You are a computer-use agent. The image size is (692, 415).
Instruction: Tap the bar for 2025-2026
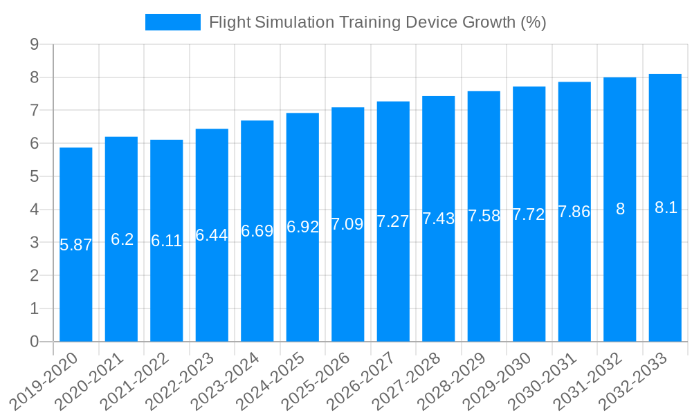[348, 277]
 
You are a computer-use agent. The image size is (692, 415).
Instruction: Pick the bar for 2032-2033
[665, 277]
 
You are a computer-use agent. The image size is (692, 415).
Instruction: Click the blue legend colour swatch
[172, 22]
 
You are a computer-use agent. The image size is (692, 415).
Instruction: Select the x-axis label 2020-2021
[90, 380]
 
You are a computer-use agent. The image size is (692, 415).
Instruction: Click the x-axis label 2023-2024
[226, 380]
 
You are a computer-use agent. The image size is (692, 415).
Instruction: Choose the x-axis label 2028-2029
[453, 380]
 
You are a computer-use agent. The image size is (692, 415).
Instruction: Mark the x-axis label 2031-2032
[588, 380]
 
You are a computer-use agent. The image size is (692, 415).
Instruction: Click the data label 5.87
[76, 245]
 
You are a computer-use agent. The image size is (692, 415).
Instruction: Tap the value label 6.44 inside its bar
[212, 235]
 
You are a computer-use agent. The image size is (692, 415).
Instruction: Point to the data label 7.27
[393, 221]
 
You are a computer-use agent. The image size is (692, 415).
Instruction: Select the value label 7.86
[574, 212]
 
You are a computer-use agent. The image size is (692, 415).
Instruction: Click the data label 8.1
[665, 207]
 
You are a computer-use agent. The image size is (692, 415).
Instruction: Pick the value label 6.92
[302, 227]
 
